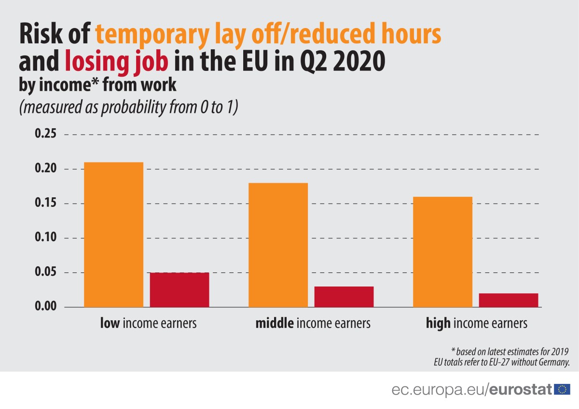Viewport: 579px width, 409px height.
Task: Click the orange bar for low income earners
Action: (113, 234)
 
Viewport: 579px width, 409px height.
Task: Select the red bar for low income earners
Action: (179, 290)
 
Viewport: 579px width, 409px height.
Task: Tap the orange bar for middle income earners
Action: (278, 245)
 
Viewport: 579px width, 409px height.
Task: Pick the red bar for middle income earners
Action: (344, 297)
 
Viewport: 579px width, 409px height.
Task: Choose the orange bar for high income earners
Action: (442, 252)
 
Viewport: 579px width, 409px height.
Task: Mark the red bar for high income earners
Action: (509, 300)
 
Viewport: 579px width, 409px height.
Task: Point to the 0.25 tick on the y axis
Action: (46, 134)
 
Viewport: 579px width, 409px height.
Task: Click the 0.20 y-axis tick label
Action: (46, 169)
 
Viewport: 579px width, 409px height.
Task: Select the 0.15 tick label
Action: (46, 204)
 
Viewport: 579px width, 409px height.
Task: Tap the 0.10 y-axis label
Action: (46, 238)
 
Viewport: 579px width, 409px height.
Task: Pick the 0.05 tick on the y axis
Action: (46, 273)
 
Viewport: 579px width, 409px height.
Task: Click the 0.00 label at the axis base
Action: (46, 307)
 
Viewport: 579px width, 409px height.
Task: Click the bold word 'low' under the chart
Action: (110, 323)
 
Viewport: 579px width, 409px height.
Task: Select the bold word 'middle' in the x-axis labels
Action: (274, 323)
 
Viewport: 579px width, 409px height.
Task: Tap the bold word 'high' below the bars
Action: (438, 323)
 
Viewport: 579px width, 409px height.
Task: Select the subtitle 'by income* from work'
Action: (97, 86)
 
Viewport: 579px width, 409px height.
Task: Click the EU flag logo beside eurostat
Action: (563, 389)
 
